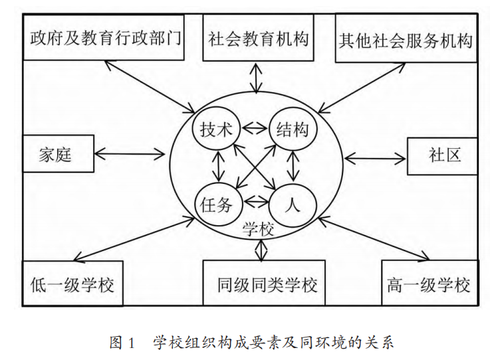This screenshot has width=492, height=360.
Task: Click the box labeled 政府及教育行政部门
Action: coord(105,38)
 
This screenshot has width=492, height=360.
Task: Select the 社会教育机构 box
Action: coord(258,38)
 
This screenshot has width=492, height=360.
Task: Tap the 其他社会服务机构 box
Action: coord(405,39)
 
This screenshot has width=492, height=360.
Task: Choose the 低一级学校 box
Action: coord(72,285)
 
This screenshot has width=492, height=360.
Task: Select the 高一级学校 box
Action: coord(428,285)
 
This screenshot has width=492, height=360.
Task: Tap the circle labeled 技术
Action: coord(216,129)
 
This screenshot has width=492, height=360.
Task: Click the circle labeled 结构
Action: coord(291,129)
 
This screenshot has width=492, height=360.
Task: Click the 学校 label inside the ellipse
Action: coord(258,230)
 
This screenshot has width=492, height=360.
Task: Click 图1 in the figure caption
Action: coord(122,343)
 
